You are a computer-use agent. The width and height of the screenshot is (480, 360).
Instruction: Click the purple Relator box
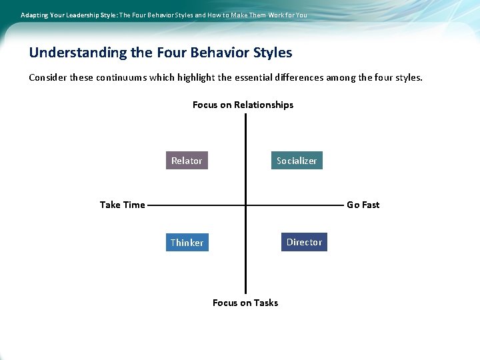click(x=187, y=161)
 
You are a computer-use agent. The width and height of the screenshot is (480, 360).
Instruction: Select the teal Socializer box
click(x=297, y=161)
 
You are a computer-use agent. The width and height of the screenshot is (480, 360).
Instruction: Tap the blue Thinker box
click(x=187, y=243)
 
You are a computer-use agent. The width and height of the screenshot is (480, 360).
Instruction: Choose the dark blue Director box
click(x=304, y=242)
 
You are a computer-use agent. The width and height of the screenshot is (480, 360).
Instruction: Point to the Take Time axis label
click(x=122, y=205)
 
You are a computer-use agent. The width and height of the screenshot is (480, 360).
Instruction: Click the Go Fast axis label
click(x=363, y=205)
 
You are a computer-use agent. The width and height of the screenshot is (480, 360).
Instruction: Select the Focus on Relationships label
click(x=243, y=105)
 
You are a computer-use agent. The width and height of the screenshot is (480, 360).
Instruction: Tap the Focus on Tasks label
click(x=245, y=303)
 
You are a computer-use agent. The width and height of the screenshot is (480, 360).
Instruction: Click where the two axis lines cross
click(x=245, y=205)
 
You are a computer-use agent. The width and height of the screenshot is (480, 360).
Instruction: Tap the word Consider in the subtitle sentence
click(x=48, y=77)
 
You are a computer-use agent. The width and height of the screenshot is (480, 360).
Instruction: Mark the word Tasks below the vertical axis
click(x=265, y=303)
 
